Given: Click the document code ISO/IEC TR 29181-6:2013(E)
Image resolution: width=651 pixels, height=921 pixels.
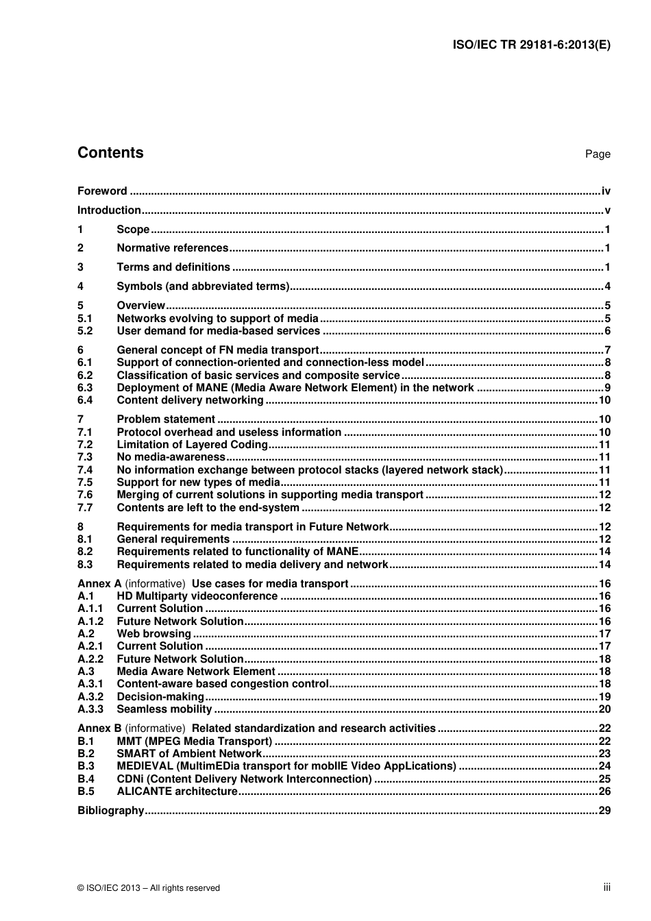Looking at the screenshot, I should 531,45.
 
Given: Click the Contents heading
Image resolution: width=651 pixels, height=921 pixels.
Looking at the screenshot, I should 110,153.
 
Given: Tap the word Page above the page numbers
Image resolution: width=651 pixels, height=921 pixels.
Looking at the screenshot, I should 597,154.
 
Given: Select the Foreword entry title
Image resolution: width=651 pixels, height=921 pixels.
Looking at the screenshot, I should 102,191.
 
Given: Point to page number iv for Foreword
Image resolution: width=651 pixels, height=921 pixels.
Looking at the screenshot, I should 605,191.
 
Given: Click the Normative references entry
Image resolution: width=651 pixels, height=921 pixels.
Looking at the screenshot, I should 172,248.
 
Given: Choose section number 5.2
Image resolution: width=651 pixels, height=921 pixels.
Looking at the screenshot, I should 85,331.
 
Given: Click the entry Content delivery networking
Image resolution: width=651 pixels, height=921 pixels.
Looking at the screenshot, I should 190,400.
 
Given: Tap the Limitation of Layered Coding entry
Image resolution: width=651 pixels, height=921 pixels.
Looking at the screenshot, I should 192,445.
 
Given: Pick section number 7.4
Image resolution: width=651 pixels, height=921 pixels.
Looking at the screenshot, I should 85,470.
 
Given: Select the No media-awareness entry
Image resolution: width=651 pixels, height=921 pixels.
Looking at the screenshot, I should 171,457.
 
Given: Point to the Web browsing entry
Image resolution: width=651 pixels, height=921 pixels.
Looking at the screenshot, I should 153,634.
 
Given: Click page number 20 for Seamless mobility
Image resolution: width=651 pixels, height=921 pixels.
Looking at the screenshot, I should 604,709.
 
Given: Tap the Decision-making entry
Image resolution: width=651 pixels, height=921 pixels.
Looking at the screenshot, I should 160,697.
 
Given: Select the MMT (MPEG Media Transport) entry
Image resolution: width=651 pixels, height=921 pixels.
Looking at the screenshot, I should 195,741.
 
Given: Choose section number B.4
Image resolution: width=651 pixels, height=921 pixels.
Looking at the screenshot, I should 86,779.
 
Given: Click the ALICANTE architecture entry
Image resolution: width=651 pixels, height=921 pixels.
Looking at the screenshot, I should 177,791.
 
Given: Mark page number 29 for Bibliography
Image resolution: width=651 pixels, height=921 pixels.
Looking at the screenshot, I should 604,811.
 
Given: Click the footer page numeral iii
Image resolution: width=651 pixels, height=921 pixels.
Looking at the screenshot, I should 606,887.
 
